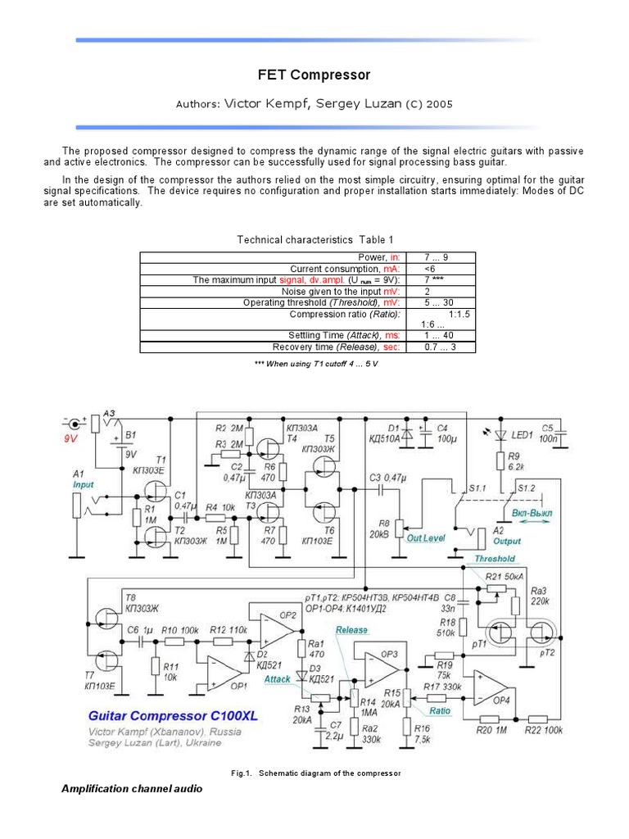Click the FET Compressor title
(x=314, y=75)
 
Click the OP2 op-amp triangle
(x=277, y=628)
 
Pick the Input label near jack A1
(x=83, y=484)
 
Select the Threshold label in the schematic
(x=495, y=559)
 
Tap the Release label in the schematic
(x=351, y=630)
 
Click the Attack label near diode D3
(x=278, y=679)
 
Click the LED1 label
(x=523, y=434)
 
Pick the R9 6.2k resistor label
(x=514, y=460)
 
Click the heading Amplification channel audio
(x=131, y=789)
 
